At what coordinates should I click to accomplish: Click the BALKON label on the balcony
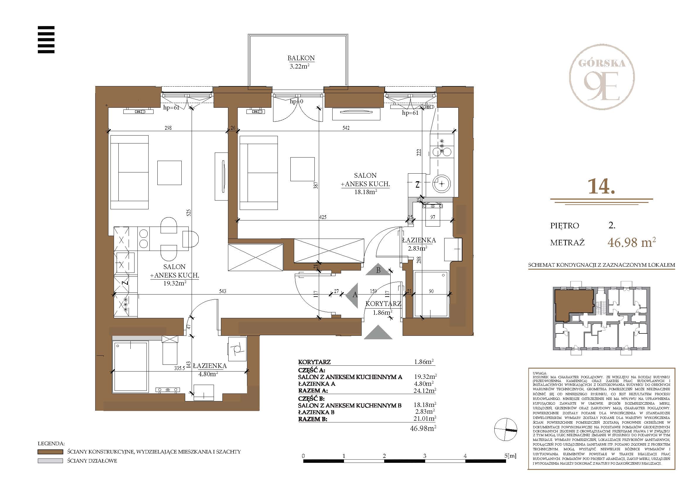301,58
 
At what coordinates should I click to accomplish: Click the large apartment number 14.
601,186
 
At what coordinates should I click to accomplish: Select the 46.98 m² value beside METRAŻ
631,242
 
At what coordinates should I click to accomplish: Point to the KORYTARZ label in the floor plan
383,304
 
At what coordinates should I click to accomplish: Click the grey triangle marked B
378,269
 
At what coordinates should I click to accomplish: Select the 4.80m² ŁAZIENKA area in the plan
208,374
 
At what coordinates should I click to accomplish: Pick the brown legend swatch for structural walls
50,452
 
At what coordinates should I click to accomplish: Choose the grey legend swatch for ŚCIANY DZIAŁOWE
50,461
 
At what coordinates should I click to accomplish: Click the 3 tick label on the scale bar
424,456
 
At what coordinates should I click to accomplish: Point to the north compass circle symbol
505,429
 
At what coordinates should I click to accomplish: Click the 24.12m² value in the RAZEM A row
425,391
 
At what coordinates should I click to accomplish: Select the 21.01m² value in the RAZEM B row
425,419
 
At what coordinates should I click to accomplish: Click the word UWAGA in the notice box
539,373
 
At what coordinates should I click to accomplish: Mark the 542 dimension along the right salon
346,128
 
